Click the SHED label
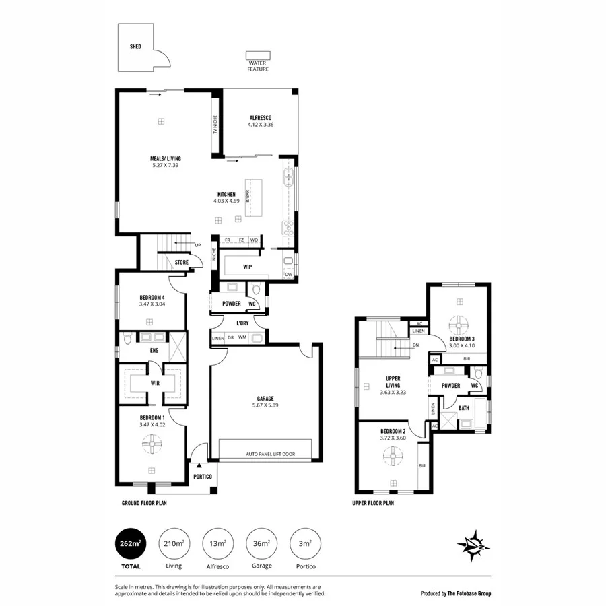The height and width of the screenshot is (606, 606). pos(135,48)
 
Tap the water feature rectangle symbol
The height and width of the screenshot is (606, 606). pos(257,55)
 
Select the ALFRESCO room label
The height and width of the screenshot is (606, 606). pos(260,117)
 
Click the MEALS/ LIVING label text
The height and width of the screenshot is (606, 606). pos(165,159)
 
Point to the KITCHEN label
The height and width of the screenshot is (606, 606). pos(226,194)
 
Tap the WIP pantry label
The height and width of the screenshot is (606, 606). pos(247,267)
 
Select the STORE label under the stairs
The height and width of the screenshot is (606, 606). pos(181,262)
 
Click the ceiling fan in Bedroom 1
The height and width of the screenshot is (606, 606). pos(153,443)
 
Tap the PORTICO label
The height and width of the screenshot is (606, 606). pos(203,477)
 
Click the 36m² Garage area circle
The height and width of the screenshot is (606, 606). pos(262,544)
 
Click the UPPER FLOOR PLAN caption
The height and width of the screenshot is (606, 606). pos(373,503)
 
